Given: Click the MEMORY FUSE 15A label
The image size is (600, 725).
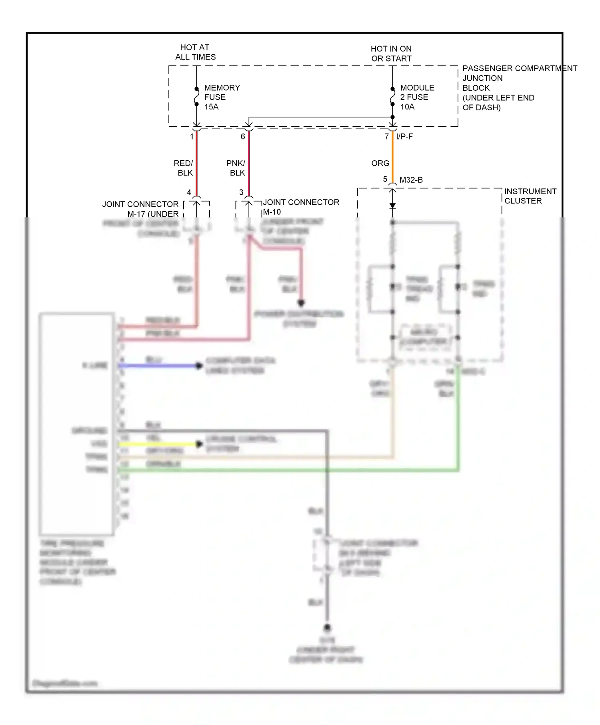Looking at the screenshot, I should (x=222, y=97).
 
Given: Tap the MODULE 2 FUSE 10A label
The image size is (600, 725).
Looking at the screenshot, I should (x=417, y=97).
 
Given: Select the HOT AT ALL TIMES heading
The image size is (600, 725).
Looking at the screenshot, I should (x=195, y=52).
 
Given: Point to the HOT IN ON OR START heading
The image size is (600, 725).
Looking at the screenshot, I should (x=391, y=54).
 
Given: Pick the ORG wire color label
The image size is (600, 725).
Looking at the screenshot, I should (x=380, y=163).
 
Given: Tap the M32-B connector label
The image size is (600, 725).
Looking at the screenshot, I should (x=411, y=180).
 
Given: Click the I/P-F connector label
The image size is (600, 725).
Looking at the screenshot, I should (x=404, y=137).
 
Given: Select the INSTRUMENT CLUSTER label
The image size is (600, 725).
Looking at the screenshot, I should (x=530, y=196).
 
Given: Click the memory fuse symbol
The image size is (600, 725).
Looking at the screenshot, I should (x=196, y=96).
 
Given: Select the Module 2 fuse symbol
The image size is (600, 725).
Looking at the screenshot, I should (x=392, y=96).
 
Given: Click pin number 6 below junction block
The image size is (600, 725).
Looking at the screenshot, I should (x=243, y=137).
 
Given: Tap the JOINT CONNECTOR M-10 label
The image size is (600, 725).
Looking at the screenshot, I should (x=300, y=207).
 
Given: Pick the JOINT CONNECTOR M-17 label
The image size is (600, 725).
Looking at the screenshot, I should (x=140, y=209).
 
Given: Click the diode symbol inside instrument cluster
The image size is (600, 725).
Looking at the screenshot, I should (x=392, y=206).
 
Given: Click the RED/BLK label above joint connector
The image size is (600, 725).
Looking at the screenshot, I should (x=184, y=168).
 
